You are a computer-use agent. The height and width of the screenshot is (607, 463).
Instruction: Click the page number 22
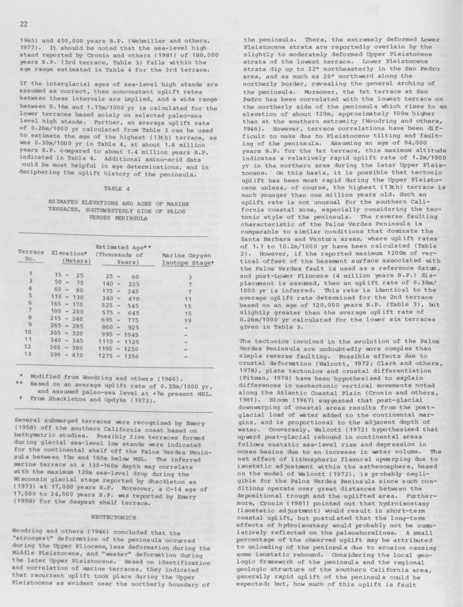pos(23,24)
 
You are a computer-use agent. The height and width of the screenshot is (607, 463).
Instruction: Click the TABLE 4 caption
pos(117,188)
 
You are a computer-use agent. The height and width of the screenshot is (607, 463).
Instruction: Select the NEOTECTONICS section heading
pos(114,517)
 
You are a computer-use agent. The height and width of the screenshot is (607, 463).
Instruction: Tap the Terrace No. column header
pos(31,255)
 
